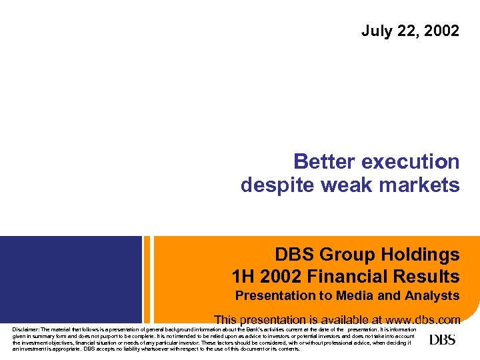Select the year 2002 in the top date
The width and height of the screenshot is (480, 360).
[x=443, y=31]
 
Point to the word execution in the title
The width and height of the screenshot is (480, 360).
[x=411, y=162]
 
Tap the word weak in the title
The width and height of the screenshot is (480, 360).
[x=345, y=185]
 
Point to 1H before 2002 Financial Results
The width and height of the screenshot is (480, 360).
[x=244, y=276]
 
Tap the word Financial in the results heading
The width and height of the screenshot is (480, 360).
[x=351, y=276]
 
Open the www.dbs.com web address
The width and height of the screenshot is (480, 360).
[x=419, y=320]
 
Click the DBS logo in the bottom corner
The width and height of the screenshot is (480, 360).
[x=443, y=340]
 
